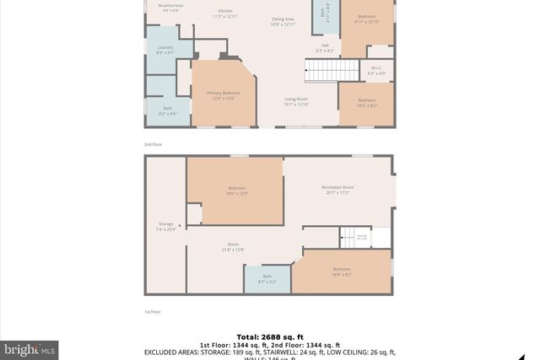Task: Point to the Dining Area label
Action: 283,21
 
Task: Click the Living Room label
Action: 296,101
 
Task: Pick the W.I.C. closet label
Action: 376,71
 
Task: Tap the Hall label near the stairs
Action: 325,48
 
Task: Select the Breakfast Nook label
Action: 172,5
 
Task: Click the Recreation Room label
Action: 337,190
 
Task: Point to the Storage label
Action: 165,226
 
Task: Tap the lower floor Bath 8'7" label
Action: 267,278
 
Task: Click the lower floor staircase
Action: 350,238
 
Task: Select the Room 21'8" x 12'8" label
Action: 233,246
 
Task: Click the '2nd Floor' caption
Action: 152,145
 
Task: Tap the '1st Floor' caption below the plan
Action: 152,312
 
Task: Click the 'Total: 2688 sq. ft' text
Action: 270,336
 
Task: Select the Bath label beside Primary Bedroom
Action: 168,110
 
